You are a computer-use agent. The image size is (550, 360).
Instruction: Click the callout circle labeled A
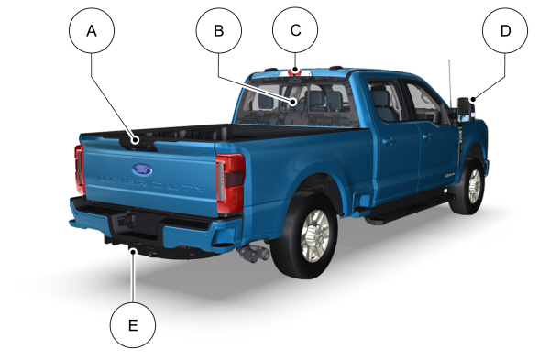pos(92,30)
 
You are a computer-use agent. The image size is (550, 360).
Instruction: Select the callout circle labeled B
pos(219,30)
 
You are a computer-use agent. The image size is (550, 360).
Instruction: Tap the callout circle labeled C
pos(295,30)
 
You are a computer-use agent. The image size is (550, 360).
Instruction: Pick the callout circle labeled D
pos(505,30)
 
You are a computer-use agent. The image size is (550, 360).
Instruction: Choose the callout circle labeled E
pos(133,325)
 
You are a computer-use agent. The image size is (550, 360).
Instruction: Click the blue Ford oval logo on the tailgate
pos(142,170)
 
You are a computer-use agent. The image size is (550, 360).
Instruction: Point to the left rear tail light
pos(80,169)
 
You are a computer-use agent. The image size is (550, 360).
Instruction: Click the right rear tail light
pos(231,183)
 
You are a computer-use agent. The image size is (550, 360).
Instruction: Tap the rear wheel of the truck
pos(305,235)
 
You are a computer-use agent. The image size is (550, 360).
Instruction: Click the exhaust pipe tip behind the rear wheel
pos(253,253)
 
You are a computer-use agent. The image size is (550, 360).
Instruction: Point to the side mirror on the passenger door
pos(467,109)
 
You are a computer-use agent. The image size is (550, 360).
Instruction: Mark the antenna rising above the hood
pos(450,82)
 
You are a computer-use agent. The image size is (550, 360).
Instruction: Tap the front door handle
pos(426,136)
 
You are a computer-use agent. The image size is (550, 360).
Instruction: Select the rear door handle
pos(389,141)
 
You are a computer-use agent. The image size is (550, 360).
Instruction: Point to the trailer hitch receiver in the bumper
pos(127,221)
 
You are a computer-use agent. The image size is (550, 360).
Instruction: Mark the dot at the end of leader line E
pos(133,251)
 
